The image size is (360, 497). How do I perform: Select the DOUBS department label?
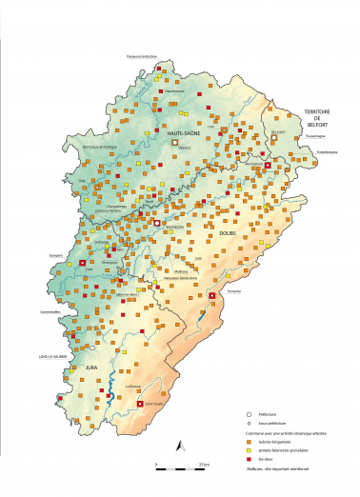click(x=228, y=232)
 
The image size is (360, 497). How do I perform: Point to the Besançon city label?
click(x=173, y=229)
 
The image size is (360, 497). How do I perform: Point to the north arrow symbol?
click(x=181, y=443)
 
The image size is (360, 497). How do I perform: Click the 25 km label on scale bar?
click(x=204, y=463)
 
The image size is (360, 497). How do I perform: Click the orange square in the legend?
click(x=249, y=440)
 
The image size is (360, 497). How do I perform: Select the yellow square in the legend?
click(x=249, y=448)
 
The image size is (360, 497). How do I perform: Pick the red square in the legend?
click(x=249, y=457)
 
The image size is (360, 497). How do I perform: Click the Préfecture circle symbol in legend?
click(x=249, y=414)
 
